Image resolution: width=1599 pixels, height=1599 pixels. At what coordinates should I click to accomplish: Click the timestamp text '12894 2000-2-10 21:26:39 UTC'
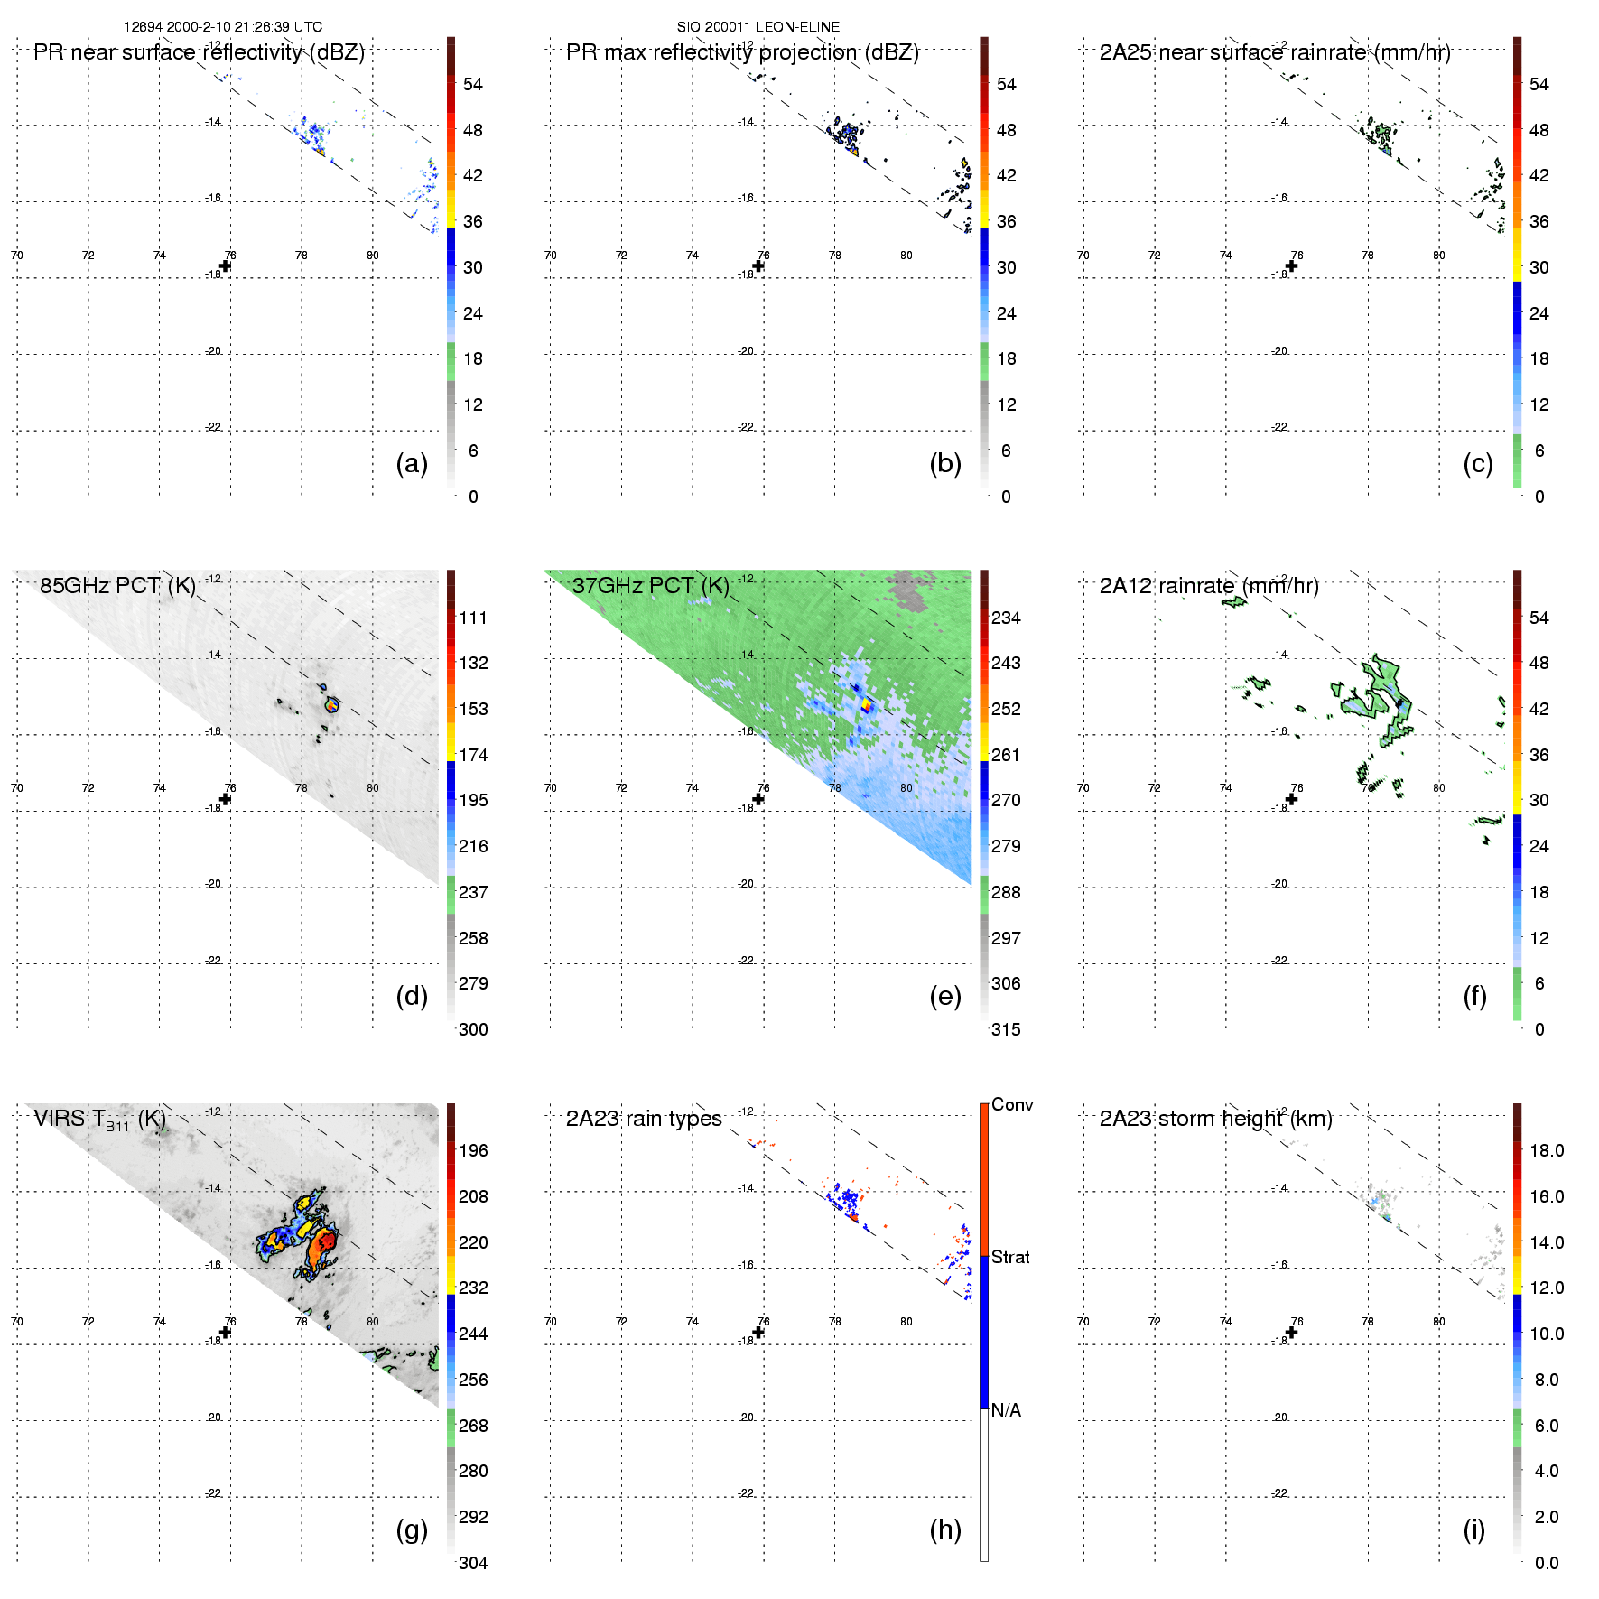pos(222,27)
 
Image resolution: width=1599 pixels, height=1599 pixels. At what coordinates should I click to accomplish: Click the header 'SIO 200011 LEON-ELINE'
pos(758,27)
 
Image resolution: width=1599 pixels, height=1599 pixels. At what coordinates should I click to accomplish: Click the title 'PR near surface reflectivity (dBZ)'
pos(199,52)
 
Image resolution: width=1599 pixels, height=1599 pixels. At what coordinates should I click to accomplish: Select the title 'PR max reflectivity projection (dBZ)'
pos(742,52)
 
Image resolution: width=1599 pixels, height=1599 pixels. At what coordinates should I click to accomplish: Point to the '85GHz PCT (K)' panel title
pos(117,585)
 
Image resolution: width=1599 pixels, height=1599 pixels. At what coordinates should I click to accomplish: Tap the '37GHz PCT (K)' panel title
pos(650,585)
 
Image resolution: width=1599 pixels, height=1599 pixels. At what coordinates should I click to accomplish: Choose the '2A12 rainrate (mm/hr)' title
pos(1208,585)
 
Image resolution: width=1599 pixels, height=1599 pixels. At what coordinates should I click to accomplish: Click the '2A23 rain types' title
pos(643,1119)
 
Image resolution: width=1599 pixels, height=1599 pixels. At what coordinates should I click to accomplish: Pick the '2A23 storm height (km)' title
pos(1215,1119)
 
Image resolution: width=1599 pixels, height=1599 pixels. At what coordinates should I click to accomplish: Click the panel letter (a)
pos(412,463)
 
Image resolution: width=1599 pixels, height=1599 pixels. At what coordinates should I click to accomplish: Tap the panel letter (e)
pos(944,996)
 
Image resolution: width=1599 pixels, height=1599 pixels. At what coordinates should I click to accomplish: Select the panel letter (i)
pos(1473,1529)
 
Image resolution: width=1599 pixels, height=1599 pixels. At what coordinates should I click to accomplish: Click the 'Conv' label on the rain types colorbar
pos(1011,1104)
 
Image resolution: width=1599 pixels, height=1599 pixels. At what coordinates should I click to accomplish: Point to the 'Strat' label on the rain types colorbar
pos(1010,1257)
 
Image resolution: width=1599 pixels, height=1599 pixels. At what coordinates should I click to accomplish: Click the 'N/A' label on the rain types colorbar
pos(1006,1410)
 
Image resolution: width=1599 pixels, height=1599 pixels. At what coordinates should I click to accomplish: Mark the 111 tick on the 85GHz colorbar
pos(473,618)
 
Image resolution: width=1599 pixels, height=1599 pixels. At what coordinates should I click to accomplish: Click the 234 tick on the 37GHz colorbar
pos(1006,618)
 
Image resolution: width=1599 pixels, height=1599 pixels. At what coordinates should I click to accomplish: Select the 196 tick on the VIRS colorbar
pos(473,1150)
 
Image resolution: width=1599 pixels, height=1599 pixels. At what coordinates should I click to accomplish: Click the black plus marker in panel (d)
pos(226,799)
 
